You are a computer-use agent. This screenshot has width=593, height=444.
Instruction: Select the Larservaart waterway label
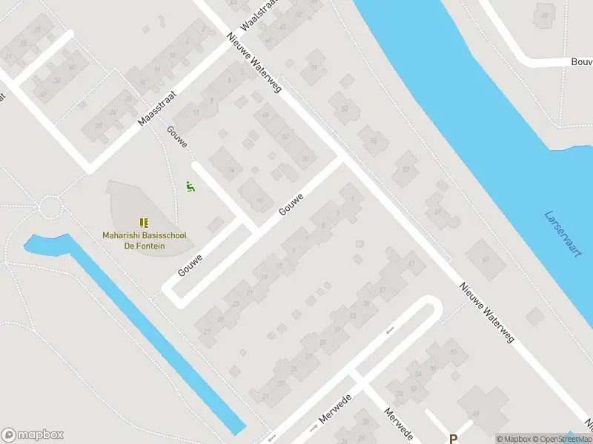click(564, 234)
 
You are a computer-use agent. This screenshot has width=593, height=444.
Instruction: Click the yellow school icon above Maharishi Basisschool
click(144, 222)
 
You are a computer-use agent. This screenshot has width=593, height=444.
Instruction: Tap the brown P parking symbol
click(453, 438)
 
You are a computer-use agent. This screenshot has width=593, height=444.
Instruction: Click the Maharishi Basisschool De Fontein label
click(144, 240)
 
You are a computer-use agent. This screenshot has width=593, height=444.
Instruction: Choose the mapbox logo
click(33, 435)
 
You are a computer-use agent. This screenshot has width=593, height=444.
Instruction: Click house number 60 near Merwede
click(453, 351)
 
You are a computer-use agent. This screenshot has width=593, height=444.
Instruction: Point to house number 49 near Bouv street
click(545, 16)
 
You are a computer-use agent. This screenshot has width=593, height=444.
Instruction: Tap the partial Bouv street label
click(581, 62)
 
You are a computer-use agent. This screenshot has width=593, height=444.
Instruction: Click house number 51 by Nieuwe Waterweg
click(314, 68)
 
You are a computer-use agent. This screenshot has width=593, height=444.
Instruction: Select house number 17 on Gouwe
click(279, 267)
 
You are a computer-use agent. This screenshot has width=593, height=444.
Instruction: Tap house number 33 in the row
click(352, 316)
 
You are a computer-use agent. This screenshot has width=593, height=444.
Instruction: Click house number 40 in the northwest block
click(72, 67)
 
